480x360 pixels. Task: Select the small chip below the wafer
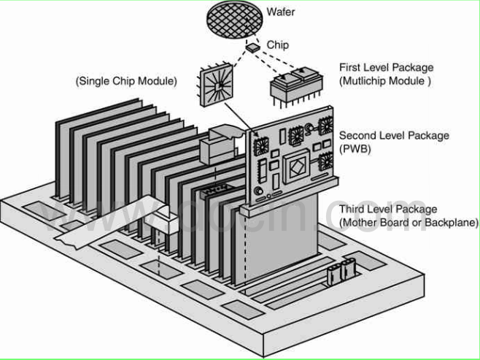click(252, 47)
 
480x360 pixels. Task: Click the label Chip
click(276, 45)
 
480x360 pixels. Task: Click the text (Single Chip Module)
click(126, 81)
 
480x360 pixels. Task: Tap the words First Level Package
click(395, 68)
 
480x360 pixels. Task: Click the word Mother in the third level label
click(362, 222)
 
